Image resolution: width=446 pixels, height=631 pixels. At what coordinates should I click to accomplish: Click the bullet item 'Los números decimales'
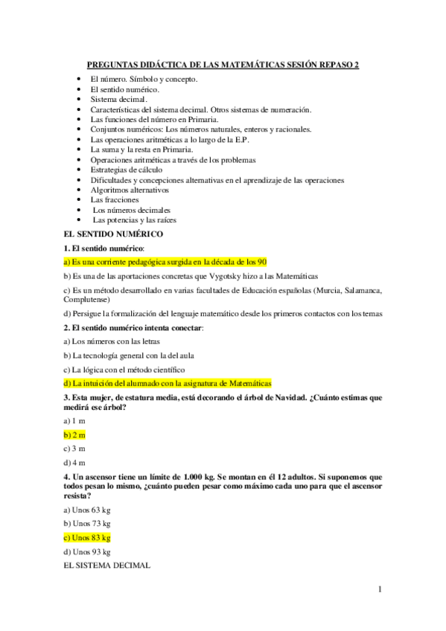[132, 210]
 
